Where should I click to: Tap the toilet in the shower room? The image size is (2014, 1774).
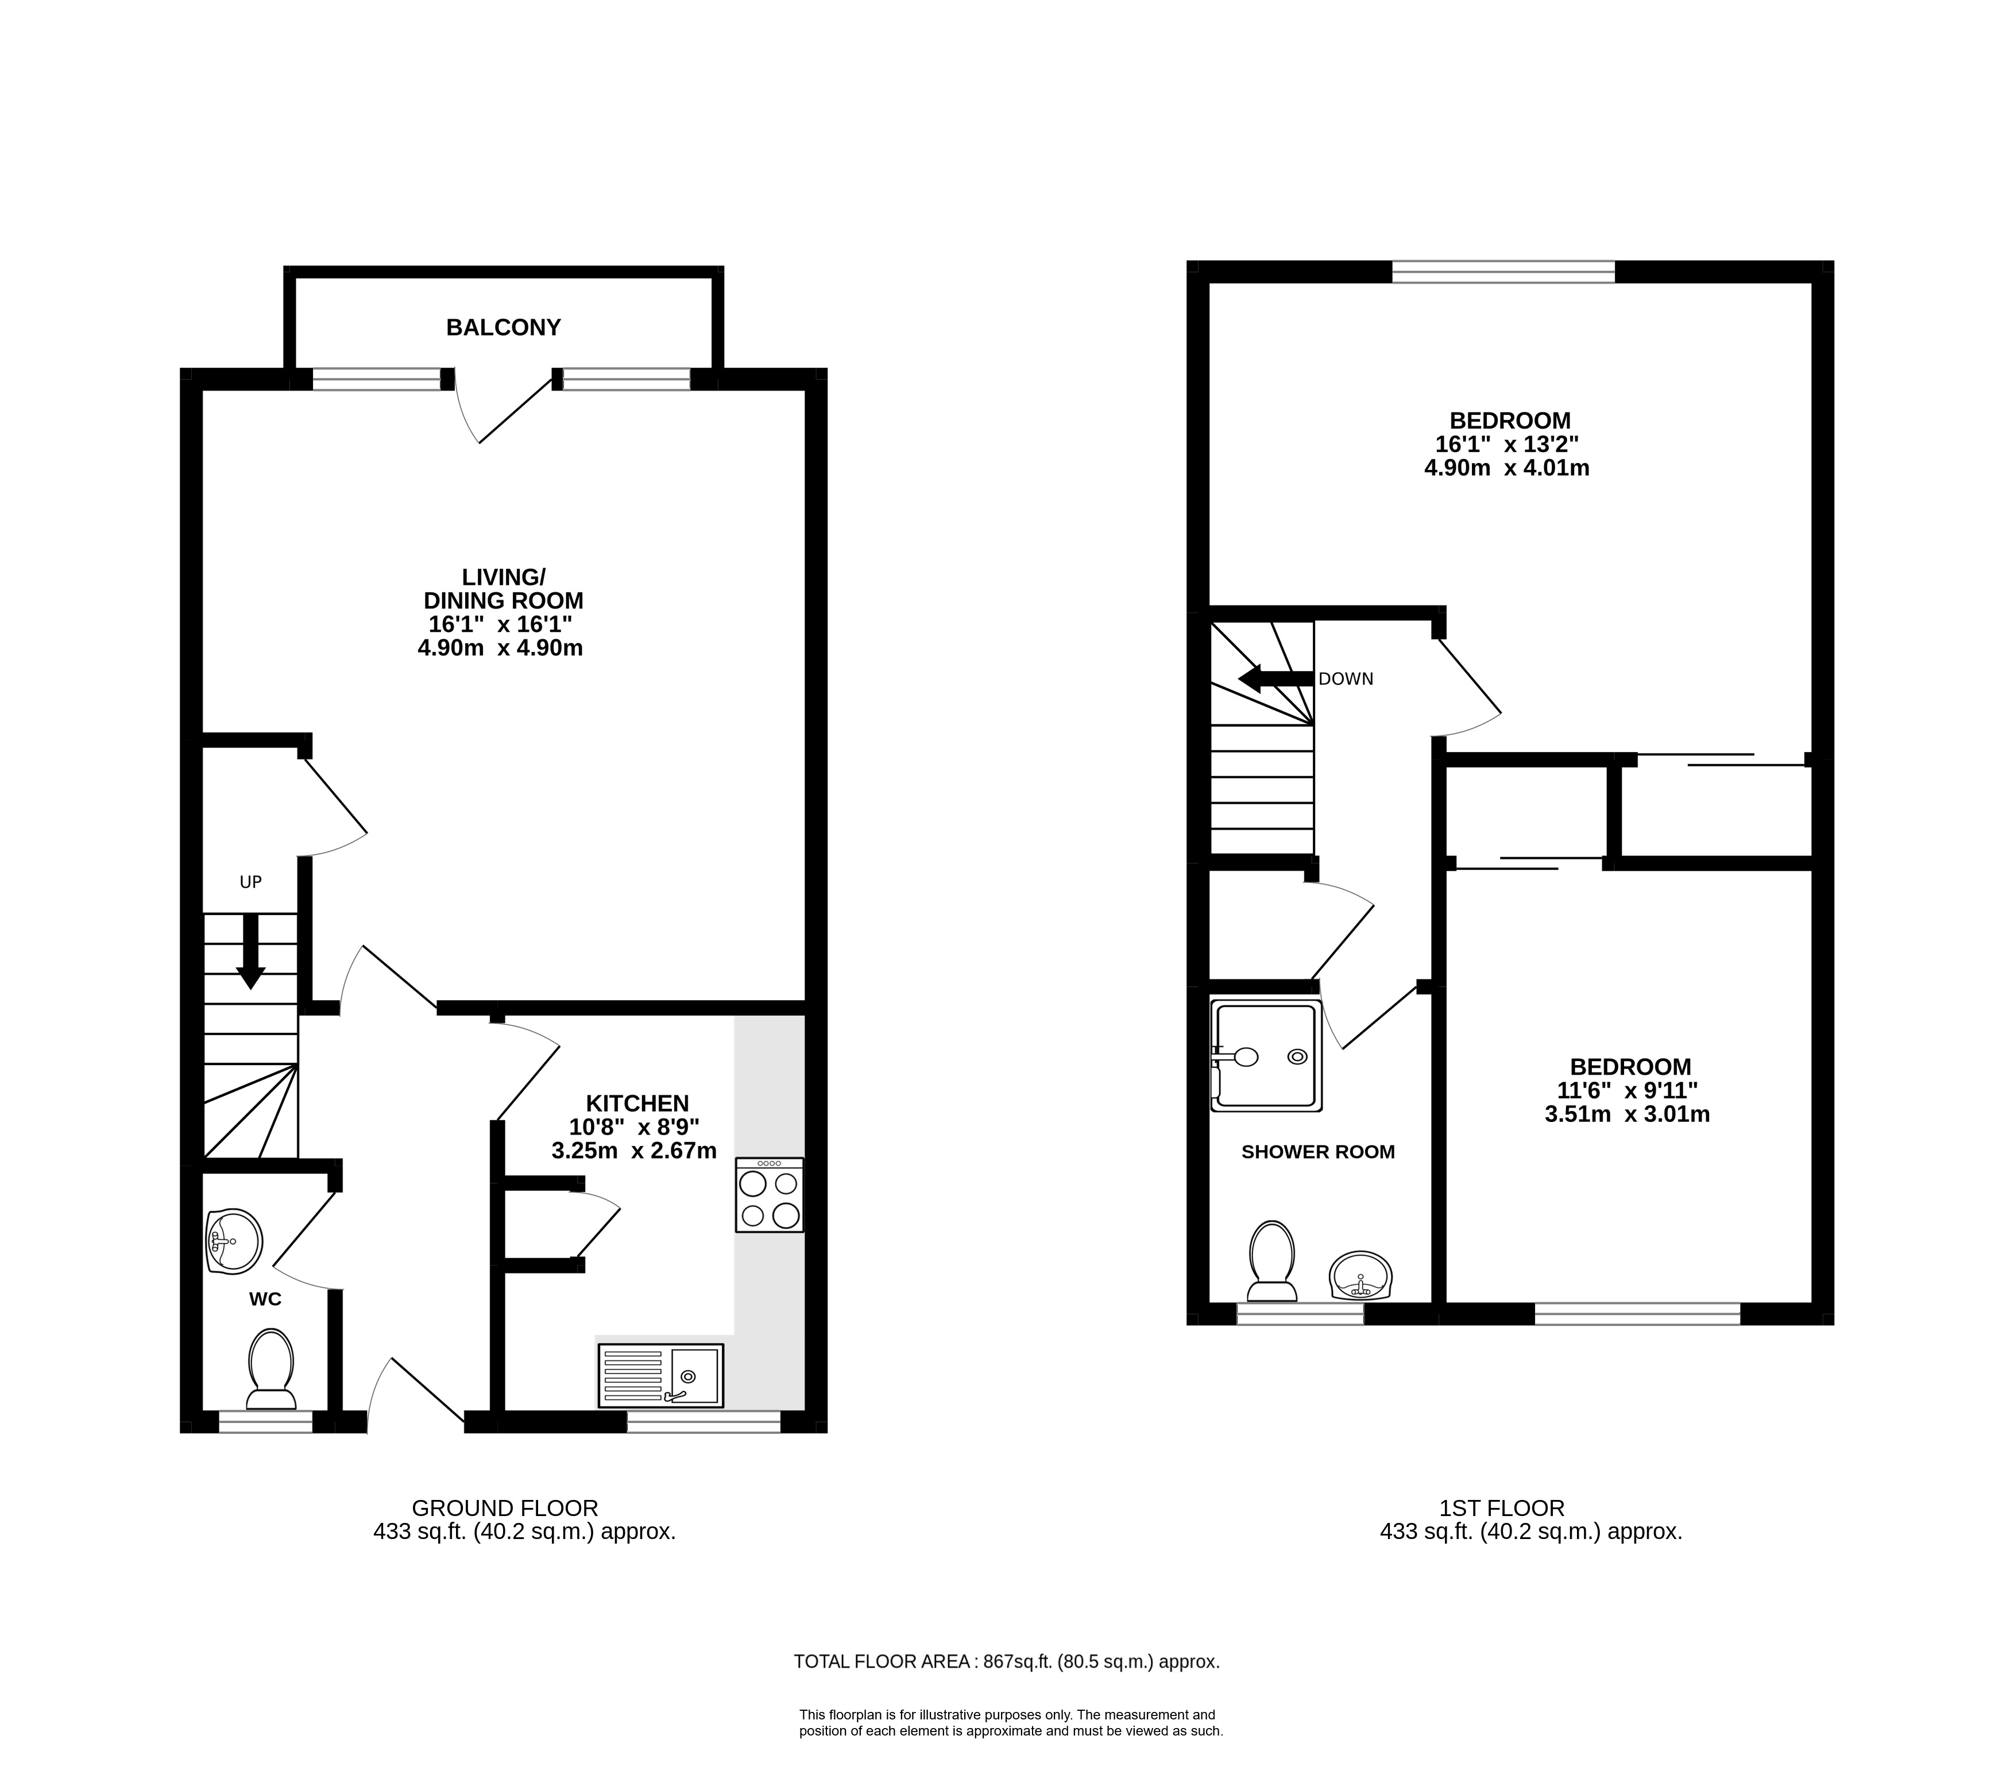1271,1263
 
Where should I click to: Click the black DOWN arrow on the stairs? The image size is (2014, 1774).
1276,678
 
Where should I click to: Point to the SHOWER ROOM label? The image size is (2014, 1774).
1317,1151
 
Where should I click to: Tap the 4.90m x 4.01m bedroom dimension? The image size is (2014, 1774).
1506,468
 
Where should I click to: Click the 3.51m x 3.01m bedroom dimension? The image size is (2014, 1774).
1628,1114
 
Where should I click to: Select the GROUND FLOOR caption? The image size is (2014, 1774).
504,1508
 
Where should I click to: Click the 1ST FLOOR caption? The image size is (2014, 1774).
1502,1508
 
